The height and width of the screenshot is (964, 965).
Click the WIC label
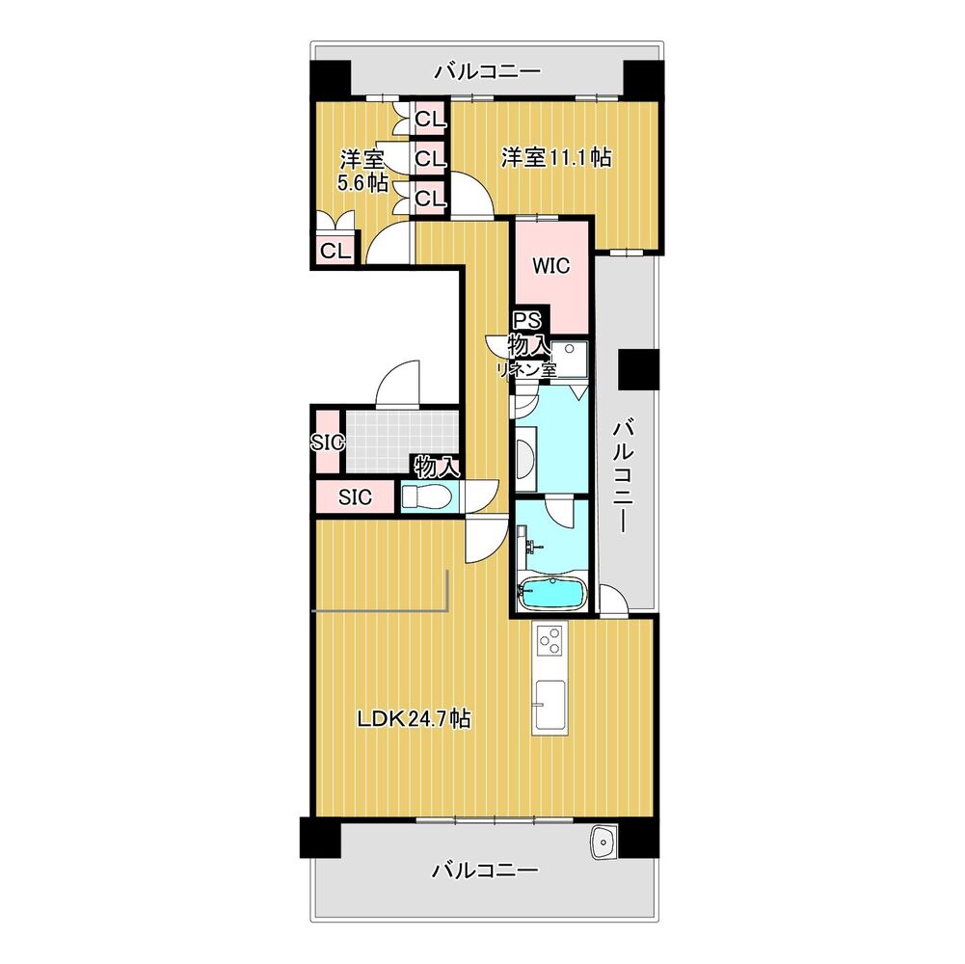tap(550, 266)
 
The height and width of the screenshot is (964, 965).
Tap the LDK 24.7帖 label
tap(415, 718)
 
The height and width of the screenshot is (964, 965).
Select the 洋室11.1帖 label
tap(555, 157)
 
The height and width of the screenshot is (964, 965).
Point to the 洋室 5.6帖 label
tap(362, 171)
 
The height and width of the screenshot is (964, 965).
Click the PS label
tap(527, 320)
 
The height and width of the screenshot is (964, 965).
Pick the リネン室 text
tap(526, 370)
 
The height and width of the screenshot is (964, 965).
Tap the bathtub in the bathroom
tap(550, 594)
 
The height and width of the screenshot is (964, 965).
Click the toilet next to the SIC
tap(428, 496)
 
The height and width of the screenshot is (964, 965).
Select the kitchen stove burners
tap(550, 639)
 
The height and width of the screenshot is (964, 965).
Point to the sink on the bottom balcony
tap(603, 842)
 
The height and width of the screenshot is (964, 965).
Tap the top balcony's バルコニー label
tap(488, 72)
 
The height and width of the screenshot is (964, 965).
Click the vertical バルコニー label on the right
tap(623, 476)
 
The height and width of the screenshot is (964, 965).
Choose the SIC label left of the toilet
tap(355, 496)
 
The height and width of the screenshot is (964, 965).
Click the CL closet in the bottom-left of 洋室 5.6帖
tap(335, 250)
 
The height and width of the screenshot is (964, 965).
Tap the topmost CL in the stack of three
tap(430, 119)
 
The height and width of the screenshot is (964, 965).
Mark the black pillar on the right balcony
tap(638, 369)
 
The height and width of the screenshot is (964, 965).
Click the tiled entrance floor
tap(401, 441)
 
